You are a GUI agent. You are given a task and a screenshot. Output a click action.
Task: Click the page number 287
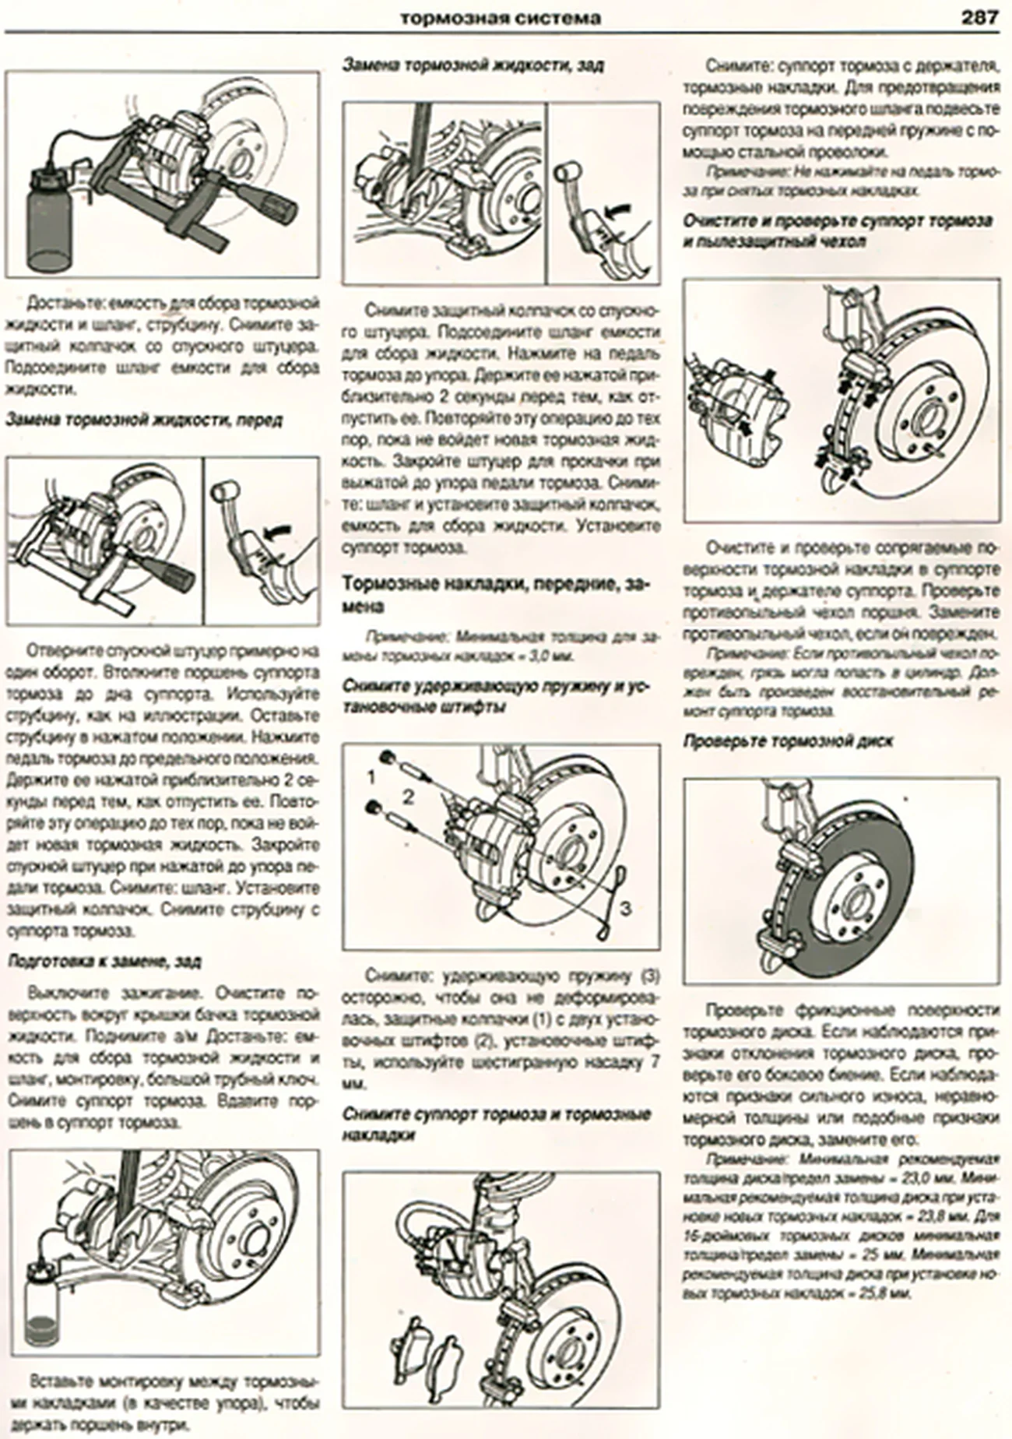click(979, 17)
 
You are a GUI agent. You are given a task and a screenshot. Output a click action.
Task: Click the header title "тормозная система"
click(500, 18)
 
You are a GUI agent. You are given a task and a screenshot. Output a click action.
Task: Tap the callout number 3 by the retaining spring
click(626, 908)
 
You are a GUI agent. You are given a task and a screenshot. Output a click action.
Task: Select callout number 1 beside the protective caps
click(371, 777)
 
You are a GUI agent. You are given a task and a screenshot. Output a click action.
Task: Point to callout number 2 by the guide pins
click(407, 796)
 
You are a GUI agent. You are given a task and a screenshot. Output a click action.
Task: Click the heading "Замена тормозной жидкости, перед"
click(144, 420)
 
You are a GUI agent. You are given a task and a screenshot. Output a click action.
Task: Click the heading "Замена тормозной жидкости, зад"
click(473, 65)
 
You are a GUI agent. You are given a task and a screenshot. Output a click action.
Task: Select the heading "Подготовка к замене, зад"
click(104, 962)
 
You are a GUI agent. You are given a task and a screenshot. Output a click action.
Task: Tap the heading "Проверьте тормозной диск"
click(787, 741)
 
